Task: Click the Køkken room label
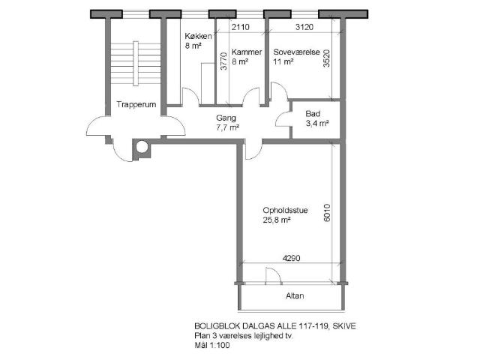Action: pos(198,36)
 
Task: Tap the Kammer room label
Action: pos(247,52)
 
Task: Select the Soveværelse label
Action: pos(297,52)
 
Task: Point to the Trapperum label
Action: pos(136,105)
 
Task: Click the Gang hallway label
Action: pos(226,118)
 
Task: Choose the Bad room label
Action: pos(313,114)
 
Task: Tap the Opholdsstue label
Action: pos(285,210)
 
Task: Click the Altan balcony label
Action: pos(295,296)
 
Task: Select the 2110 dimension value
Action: pos(240,27)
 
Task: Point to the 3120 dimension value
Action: pos(304,27)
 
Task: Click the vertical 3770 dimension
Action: pos(223,61)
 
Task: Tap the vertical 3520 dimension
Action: pos(327,58)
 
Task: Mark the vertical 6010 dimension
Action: pos(327,213)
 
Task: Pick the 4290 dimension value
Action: pos(292,258)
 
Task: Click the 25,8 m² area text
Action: pos(277,220)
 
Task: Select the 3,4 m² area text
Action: pos(317,124)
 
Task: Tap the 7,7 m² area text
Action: pos(228,127)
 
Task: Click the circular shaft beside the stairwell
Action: pos(142,147)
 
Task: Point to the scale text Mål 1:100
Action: pos(211,346)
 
